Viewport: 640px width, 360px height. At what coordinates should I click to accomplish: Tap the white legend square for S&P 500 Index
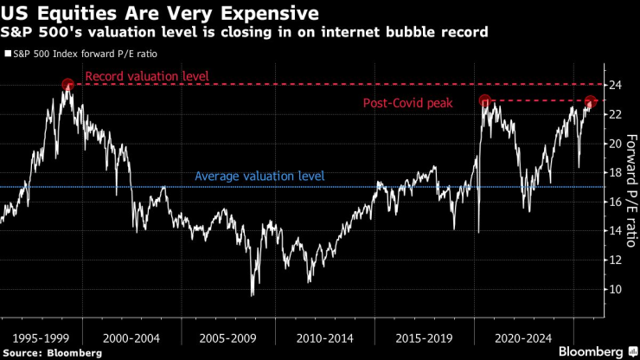8,54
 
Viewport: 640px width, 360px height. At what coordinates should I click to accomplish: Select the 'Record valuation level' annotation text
147,76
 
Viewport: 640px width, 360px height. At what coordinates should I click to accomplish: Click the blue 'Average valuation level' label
259,176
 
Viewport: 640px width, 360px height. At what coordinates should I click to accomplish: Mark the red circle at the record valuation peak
68,85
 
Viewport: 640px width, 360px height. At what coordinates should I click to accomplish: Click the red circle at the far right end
591,101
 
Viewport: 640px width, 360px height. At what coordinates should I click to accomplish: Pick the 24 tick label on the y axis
615,85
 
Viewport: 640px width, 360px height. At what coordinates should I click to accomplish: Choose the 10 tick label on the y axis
615,289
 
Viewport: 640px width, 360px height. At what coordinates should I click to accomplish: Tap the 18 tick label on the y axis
615,172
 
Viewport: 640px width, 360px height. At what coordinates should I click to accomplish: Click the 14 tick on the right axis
615,231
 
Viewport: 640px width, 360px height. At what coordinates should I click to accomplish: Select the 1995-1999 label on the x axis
35,334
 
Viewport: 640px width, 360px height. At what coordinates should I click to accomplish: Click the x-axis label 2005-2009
227,334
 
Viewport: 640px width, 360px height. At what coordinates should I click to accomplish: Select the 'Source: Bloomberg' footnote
51,352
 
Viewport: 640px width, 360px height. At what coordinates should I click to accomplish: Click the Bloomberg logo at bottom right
597,351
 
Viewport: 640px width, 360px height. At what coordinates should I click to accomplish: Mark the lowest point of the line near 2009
252,295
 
